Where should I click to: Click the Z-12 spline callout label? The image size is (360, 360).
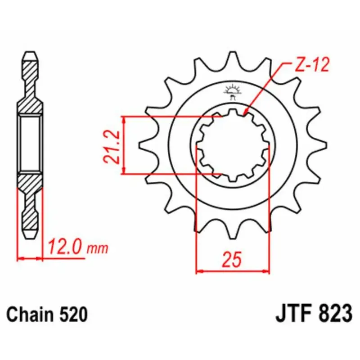[311, 65]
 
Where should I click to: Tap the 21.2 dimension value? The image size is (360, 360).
[112, 147]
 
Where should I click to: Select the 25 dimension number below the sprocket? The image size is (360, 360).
[232, 260]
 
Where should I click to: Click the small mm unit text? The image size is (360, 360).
[97, 248]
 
